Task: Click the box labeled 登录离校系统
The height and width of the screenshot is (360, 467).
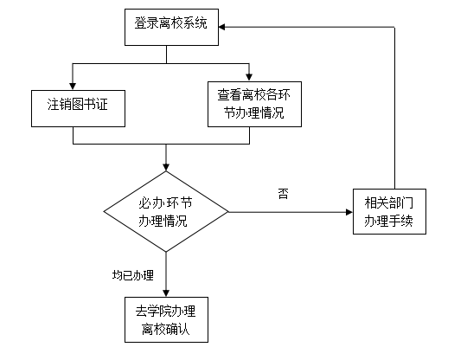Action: (171, 27)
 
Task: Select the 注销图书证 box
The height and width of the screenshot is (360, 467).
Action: (78, 108)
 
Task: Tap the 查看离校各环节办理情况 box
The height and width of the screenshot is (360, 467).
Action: (254, 104)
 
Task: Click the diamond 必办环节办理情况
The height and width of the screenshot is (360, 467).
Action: (166, 212)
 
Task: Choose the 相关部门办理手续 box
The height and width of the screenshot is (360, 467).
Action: (389, 211)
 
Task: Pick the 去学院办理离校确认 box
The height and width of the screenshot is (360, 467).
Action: (166, 319)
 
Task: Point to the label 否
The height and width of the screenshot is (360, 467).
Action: (284, 193)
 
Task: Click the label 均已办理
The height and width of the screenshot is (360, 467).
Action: (133, 275)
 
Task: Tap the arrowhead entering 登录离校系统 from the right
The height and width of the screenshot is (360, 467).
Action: (222, 27)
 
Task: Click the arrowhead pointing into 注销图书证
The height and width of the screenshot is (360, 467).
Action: (73, 87)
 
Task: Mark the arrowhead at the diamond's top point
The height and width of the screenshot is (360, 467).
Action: (166, 167)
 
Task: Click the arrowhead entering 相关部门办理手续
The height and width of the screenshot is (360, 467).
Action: (349, 212)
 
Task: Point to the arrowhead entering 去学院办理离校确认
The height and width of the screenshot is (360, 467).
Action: (166, 293)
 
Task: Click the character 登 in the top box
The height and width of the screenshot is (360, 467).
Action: (140, 23)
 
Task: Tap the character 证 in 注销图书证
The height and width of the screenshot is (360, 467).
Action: (102, 105)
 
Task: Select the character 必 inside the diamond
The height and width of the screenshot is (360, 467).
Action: (144, 203)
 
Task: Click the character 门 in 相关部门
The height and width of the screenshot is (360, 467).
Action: (407, 203)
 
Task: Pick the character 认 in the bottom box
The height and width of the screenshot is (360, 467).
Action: (184, 330)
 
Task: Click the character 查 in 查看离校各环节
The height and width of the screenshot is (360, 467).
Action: (224, 95)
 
